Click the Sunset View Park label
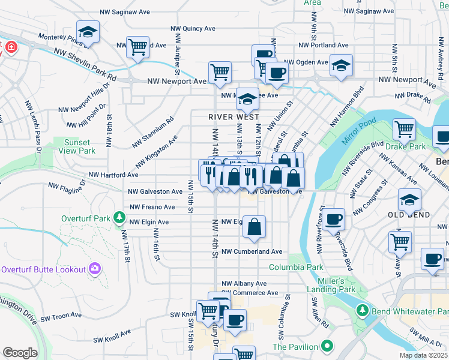(x=77, y=146)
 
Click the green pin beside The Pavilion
(x=327, y=346)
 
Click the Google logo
(x=20, y=353)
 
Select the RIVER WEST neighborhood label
(x=234, y=116)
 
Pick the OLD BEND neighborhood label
(x=408, y=215)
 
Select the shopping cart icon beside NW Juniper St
(x=137, y=46)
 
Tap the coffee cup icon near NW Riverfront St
(x=334, y=219)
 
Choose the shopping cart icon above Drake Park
(x=404, y=128)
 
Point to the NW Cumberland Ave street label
(x=251, y=251)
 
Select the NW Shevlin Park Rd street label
(x=84, y=65)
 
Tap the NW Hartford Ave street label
(x=113, y=175)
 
